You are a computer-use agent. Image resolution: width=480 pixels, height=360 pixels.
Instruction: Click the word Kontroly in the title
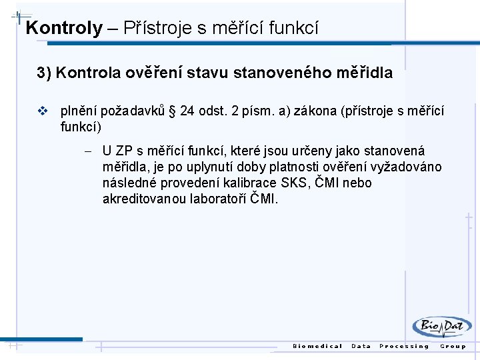[64, 28]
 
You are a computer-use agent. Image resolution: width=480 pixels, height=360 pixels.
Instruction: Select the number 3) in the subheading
[44, 73]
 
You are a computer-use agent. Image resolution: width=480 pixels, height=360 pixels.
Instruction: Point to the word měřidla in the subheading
[366, 73]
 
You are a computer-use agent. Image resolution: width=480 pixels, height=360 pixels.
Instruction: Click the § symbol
[173, 111]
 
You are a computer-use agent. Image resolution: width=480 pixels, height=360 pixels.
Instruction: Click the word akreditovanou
[143, 199]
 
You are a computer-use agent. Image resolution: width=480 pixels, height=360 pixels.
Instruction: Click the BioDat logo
[441, 327]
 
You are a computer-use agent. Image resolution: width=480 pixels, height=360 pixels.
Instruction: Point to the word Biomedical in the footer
[318, 346]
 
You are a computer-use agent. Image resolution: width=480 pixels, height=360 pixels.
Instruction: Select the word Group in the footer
[453, 346]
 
